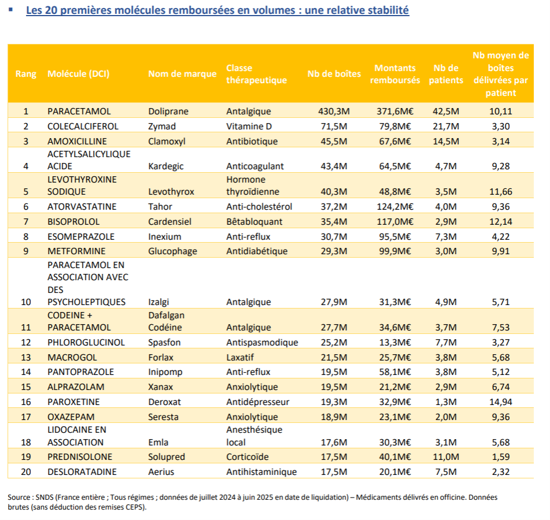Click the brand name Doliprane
[x=168, y=111]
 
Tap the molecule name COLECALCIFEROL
[x=83, y=126]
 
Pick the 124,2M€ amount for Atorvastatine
[x=395, y=206]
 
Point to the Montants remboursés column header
[x=395, y=74]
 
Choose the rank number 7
[x=25, y=221]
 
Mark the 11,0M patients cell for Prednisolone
[x=445, y=456]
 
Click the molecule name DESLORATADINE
[x=81, y=471]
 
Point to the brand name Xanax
[x=161, y=387]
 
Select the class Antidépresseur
[x=258, y=402]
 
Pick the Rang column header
[x=25, y=74]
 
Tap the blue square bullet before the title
[x=10, y=10]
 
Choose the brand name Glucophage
[x=172, y=251]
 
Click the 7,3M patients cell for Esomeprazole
[x=445, y=236]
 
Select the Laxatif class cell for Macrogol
[x=241, y=357]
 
